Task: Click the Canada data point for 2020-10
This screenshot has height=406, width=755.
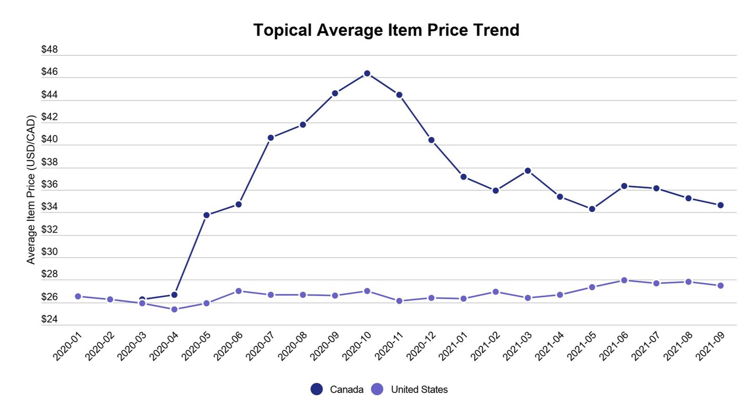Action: [367, 73]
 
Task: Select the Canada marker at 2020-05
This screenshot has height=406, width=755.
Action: [206, 215]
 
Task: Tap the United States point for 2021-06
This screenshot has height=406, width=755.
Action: [624, 280]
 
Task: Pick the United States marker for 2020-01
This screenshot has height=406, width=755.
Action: [78, 296]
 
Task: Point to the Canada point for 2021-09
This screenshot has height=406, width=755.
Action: [721, 205]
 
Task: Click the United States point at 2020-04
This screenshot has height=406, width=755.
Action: [174, 309]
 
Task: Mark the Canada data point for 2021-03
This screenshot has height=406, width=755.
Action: [528, 171]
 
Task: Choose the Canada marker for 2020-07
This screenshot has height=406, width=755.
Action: [271, 138]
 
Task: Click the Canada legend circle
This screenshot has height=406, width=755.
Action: [317, 389]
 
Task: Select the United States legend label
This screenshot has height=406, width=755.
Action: [419, 389]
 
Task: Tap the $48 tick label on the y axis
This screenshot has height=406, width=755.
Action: [50, 49]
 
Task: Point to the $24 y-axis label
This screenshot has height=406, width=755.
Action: [50, 319]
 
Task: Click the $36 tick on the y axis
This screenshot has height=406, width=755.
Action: [50, 184]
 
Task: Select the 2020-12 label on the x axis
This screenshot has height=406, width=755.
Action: [421, 346]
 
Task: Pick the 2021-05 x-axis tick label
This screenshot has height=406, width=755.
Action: [582, 346]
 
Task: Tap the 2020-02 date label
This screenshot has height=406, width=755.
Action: [100, 346]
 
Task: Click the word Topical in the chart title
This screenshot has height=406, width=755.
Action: [283, 30]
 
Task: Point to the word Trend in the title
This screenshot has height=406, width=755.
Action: [496, 30]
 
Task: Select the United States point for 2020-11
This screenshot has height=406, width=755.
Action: [399, 301]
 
